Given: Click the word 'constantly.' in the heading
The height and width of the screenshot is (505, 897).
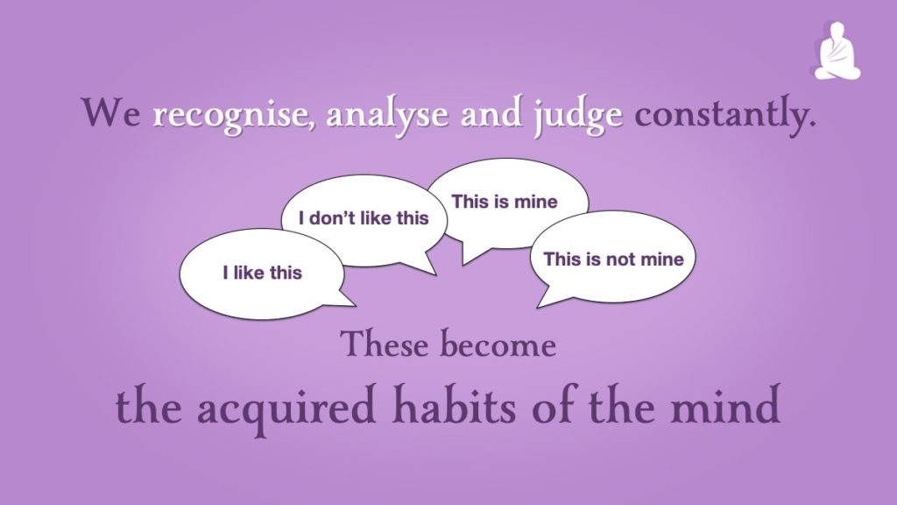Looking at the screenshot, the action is click(x=725, y=115).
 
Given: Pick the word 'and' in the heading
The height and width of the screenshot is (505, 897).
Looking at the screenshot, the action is click(x=491, y=112).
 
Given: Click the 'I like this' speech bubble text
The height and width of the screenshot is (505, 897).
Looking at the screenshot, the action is click(x=263, y=273).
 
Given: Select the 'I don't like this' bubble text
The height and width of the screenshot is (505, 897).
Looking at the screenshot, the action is click(x=364, y=218).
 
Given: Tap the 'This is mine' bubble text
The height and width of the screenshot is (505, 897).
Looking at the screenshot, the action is click(x=505, y=202).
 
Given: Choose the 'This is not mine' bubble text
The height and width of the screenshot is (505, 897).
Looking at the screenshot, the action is click(x=614, y=260).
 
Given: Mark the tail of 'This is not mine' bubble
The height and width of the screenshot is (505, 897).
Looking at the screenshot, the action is click(x=548, y=296).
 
